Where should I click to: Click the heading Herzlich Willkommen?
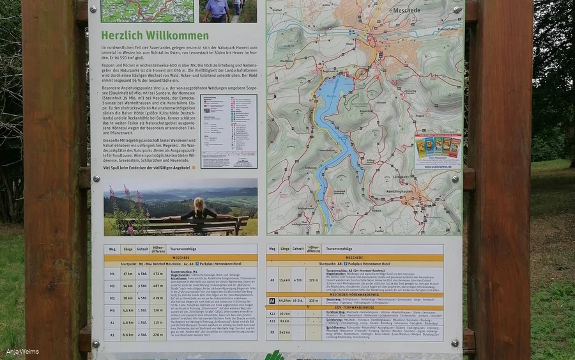pos(155,35)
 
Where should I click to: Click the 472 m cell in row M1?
pos(158,274)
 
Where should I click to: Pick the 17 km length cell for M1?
pos(127,274)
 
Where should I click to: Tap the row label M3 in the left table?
pos(112,298)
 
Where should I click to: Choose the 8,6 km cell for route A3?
pos(127,334)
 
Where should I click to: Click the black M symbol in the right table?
pos(272,300)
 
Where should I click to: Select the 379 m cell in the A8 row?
pos(313,279)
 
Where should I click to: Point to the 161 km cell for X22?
pos(285,313)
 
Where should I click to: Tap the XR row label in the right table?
pos(272,332)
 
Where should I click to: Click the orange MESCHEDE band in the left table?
pos(181,257)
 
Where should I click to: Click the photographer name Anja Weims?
pos(22,351)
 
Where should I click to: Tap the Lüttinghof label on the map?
pos(418,176)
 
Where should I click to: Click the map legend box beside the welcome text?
pos(228,131)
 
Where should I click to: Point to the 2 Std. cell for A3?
pos(142,334)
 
